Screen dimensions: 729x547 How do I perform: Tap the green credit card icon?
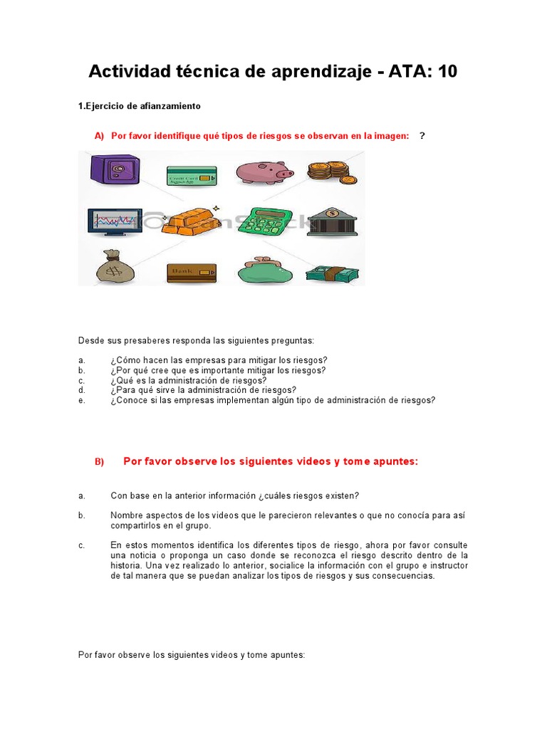coord(192,175)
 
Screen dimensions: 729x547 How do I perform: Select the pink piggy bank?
coord(264,172)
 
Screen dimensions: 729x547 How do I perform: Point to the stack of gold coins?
coord(332,172)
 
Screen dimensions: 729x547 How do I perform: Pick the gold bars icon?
coord(188,221)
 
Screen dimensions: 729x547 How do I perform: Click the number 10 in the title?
coord(443,72)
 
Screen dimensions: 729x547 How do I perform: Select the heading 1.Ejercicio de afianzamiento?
coord(139,106)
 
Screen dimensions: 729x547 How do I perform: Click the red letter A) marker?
coord(99,136)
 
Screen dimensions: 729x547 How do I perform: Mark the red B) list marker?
coord(99,462)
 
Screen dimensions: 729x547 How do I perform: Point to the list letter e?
coord(82,400)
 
